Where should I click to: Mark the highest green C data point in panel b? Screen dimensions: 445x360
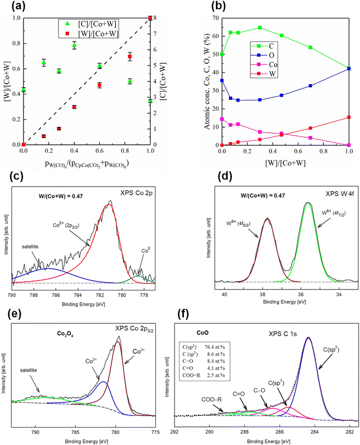pyautogui.click(x=260, y=27)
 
